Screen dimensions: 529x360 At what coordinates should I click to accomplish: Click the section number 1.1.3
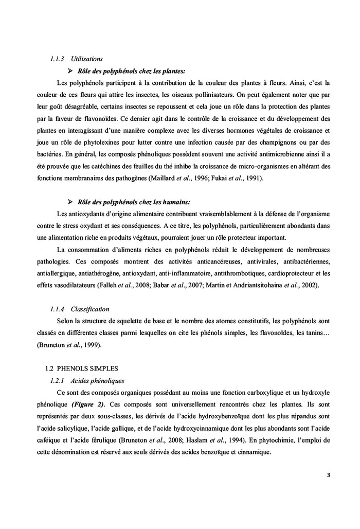57,60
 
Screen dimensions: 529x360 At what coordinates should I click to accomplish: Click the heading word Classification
90,309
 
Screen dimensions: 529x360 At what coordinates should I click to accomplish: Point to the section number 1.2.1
57,381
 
